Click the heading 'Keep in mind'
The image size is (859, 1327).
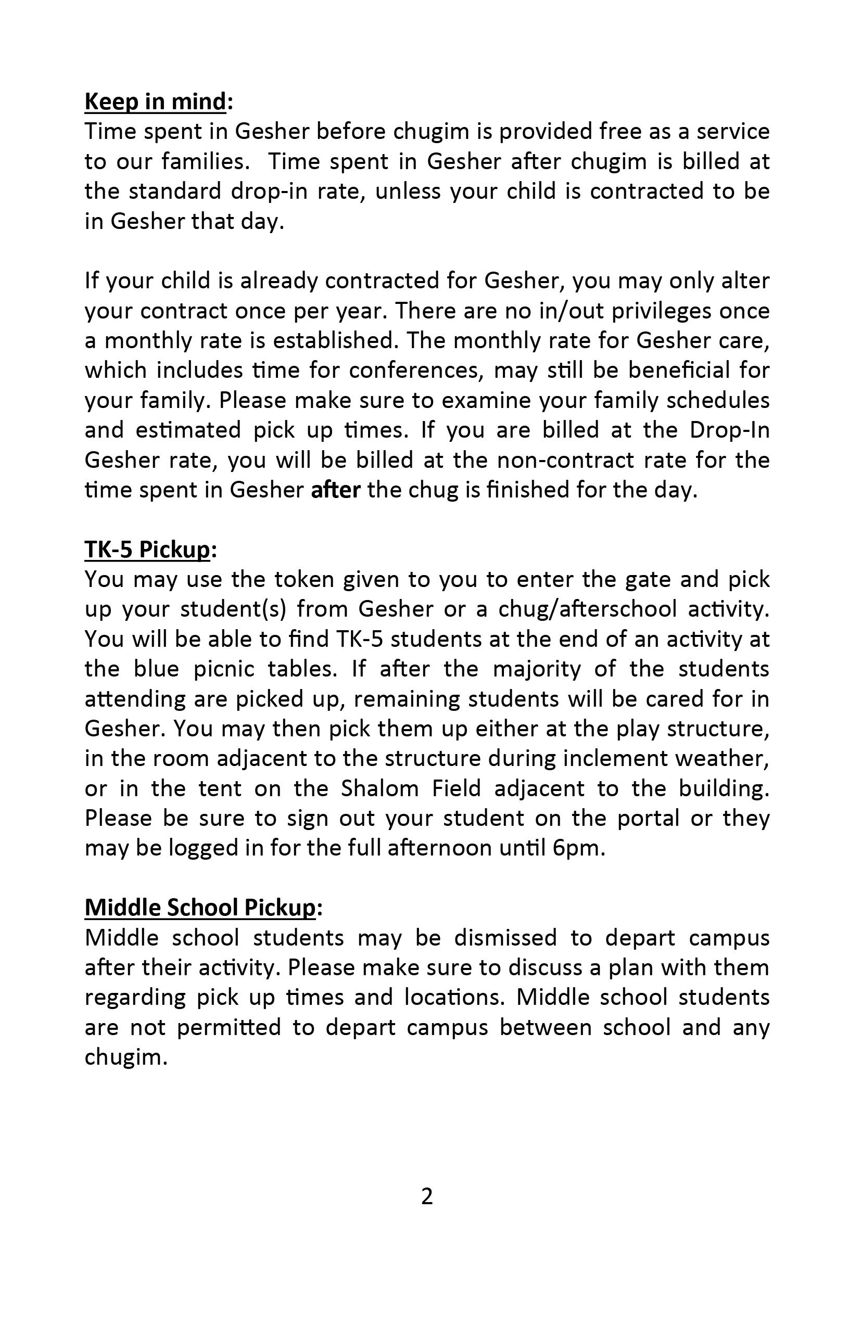[156, 102]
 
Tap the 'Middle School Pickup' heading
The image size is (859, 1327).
[200, 907]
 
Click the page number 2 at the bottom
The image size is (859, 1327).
[427, 1196]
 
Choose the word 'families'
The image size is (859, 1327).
[205, 162]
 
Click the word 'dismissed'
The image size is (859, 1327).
[506, 938]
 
